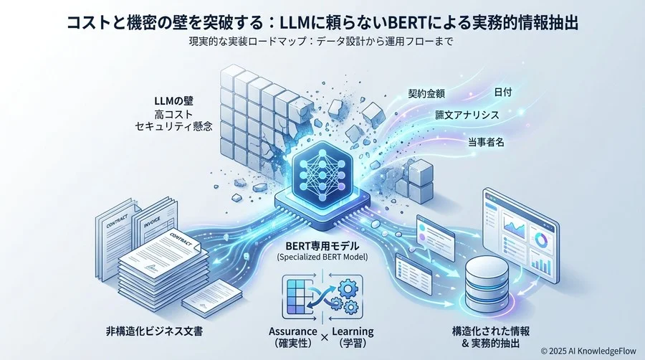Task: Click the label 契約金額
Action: click(x=426, y=94)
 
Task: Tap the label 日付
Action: click(x=502, y=93)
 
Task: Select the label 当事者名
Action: click(x=486, y=143)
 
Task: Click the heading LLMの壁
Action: click(x=173, y=101)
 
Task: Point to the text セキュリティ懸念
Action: click(x=173, y=126)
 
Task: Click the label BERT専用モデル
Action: click(x=322, y=246)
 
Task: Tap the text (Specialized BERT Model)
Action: click(x=322, y=257)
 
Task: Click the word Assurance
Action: click(x=293, y=331)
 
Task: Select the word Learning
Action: click(x=353, y=331)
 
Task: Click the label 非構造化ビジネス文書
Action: click(x=154, y=331)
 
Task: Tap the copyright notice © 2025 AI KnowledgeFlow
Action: click(x=588, y=351)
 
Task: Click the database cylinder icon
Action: click(x=487, y=282)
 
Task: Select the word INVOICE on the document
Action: click(x=152, y=224)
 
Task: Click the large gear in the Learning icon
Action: click(x=347, y=289)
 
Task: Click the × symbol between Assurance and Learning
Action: click(x=325, y=337)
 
